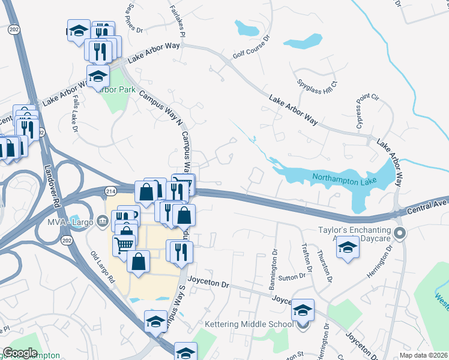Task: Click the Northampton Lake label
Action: pos(343,177)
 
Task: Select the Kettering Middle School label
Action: pos(249,324)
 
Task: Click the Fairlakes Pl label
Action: pos(180,22)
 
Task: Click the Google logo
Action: pos(20,353)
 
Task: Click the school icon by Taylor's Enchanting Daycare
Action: pos(347,247)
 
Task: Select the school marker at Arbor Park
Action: pos(98,76)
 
